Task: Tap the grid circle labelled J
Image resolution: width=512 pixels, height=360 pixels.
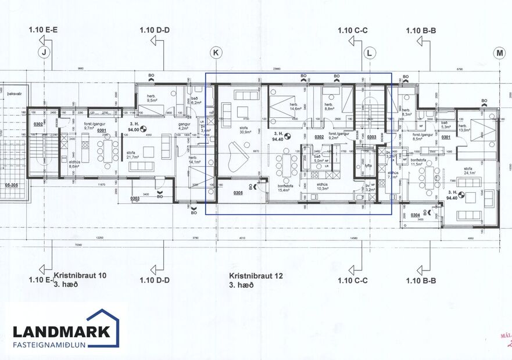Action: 42,53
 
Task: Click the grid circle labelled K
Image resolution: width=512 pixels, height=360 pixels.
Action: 216,53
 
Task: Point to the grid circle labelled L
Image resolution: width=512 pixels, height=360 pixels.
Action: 369,53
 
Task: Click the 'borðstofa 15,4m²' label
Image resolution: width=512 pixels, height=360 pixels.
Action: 285,188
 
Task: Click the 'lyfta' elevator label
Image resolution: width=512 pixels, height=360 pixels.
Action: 368,165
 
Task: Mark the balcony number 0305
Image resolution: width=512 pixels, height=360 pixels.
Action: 238,193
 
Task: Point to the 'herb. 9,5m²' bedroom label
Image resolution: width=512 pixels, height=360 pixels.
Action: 153,98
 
